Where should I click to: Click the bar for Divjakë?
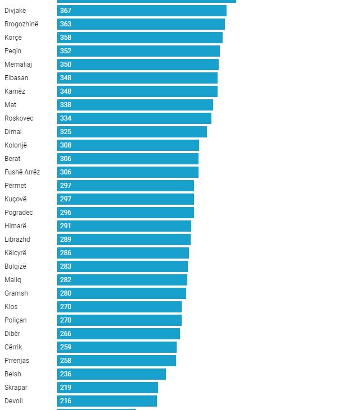click(141, 11)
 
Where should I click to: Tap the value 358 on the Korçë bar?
click(66, 38)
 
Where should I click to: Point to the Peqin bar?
click(138, 51)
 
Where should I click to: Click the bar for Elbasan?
click(137, 78)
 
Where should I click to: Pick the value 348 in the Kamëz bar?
click(66, 91)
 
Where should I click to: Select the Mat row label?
click(10, 105)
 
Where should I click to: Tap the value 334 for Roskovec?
click(66, 118)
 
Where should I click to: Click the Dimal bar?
click(132, 132)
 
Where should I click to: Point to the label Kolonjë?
click(16, 145)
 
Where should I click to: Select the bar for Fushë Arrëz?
click(127, 172)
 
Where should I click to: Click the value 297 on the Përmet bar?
click(66, 186)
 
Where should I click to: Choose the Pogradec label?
click(19, 213)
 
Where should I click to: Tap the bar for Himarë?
click(124, 226)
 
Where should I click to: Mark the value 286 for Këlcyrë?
click(66, 253)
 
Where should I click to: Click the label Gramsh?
click(16, 293)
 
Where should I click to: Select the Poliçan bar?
click(119, 320)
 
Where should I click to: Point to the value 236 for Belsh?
click(66, 374)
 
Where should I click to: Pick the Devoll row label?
click(13, 401)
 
